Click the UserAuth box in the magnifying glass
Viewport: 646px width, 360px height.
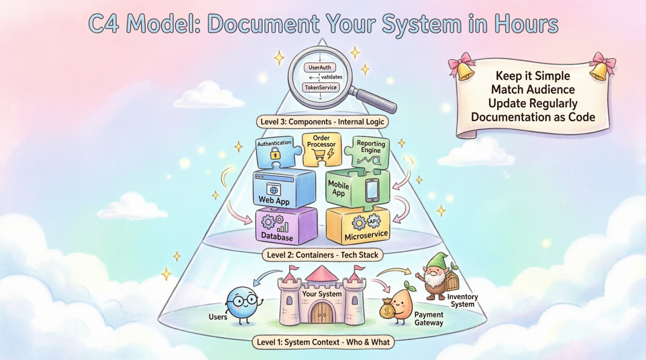pos(320,67)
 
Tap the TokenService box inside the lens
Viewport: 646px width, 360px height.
pos(320,88)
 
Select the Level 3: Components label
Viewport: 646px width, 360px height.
pos(322,122)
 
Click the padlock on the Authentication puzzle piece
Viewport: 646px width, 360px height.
pos(275,153)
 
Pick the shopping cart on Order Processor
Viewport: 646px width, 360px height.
pos(319,154)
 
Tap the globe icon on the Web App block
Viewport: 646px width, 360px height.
pos(273,190)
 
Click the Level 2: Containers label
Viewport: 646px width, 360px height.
pos(323,255)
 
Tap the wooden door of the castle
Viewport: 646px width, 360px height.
pos(322,313)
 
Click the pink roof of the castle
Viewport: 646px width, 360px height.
pos(322,274)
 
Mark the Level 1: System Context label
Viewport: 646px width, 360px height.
pos(323,342)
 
